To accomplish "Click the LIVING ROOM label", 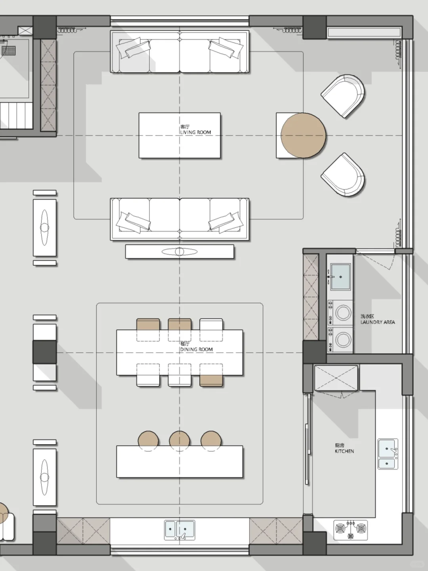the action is click(x=195, y=132).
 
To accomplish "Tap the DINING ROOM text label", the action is click(x=197, y=349).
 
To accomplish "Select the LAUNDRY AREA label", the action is click(x=378, y=322).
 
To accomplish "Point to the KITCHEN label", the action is click(x=344, y=451).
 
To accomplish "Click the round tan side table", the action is click(x=303, y=136).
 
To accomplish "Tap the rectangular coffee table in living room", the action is click(x=180, y=135).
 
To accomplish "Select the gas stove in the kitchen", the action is click(x=351, y=530).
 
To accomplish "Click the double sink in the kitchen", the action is click(x=388, y=454).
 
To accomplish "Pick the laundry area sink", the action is click(x=340, y=277).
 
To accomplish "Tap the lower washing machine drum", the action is click(x=343, y=339).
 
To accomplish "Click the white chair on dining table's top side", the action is click(x=211, y=325).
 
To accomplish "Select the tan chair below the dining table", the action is click(x=211, y=380).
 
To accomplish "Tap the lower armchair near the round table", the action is click(x=344, y=175).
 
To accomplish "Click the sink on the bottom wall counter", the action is click(x=180, y=530).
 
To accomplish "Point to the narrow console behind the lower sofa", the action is click(x=180, y=251).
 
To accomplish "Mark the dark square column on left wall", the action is click(x=44, y=352).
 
